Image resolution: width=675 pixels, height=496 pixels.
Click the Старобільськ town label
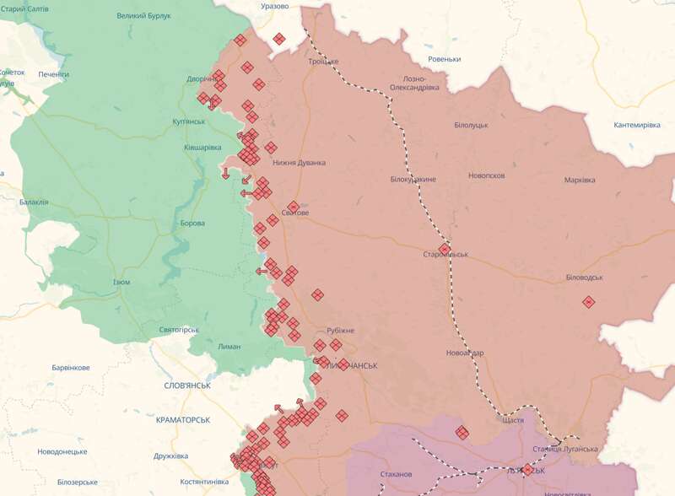coord(445,255)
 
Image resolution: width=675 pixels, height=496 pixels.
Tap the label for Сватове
coord(295,213)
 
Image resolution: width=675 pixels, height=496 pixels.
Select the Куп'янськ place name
coord(189,121)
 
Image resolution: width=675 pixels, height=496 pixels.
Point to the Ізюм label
coord(121,282)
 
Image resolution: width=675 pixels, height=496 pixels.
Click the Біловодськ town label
coord(585,278)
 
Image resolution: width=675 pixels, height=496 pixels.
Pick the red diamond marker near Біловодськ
coord(588,302)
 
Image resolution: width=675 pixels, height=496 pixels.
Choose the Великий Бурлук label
coord(143,16)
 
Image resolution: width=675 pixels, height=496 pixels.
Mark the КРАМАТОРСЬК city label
coord(183,419)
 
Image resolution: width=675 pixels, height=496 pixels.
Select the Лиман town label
coord(229,347)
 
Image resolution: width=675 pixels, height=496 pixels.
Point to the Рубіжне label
coord(340,330)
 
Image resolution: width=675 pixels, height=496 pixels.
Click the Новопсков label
coord(487,175)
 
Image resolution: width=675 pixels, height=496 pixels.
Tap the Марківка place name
coord(580,181)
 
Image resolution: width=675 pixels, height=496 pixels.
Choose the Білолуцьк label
coord(471,125)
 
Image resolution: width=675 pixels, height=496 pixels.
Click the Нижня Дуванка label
coord(299,163)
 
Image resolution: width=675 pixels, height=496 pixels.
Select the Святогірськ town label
coord(178,329)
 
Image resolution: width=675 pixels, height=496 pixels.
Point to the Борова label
coord(192,224)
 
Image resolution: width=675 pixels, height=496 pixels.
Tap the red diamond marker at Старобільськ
coord(445,248)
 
